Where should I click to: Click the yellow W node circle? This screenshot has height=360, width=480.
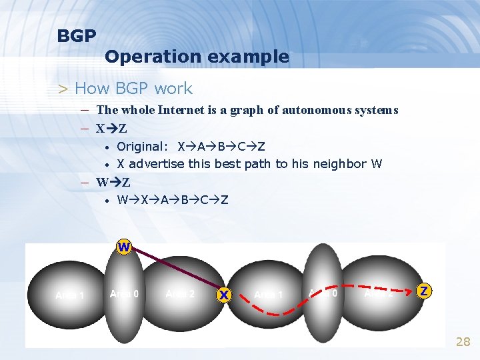(124, 247)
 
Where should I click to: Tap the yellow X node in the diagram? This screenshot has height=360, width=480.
(224, 294)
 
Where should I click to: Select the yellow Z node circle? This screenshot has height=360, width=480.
(424, 291)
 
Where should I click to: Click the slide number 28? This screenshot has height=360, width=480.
(463, 342)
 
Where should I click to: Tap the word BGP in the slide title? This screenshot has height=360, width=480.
(77, 36)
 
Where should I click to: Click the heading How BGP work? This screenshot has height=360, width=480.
(133, 89)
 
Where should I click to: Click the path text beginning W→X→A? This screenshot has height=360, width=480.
(173, 199)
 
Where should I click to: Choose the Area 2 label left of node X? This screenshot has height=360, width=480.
(180, 294)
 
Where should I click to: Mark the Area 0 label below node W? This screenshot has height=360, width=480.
(124, 294)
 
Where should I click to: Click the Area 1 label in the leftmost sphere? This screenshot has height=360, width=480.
(69, 295)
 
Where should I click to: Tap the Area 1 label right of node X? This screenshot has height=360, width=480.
(269, 295)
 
